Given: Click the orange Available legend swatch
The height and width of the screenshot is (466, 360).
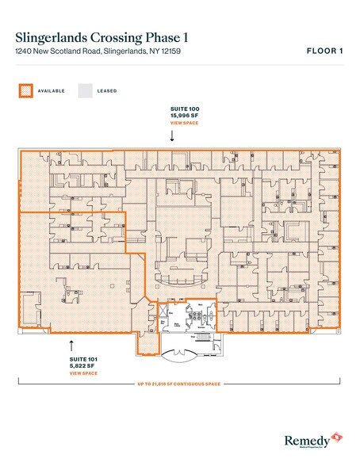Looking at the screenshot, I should (25, 90).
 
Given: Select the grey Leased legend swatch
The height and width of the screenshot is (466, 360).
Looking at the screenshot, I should (84, 90).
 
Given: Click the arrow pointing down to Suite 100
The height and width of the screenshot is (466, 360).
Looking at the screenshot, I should (172, 136).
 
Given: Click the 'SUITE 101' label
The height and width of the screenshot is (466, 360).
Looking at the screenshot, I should (82, 358).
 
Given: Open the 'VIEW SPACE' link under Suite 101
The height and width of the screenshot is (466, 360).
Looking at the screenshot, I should (82, 372).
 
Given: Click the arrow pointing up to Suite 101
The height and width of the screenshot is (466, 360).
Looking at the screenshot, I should (71, 345).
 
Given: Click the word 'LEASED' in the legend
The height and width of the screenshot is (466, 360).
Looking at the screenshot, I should (107, 91).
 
